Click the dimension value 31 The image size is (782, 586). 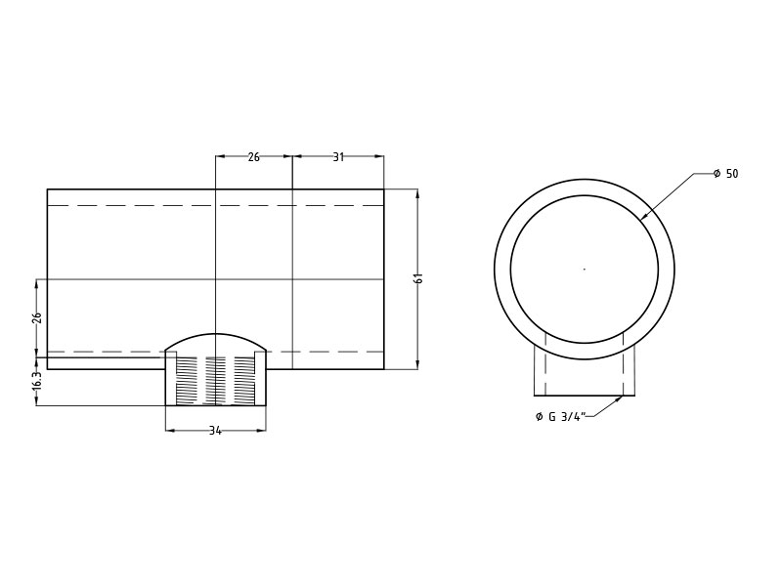click(338, 157)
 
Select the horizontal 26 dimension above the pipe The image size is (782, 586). click(253, 157)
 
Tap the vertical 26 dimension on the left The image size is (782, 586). click(36, 318)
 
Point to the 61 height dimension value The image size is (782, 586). click(419, 278)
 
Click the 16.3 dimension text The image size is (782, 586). click(36, 381)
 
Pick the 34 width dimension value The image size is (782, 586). click(215, 431)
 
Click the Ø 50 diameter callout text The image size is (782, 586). click(725, 174)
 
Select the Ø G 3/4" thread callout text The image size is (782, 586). click(560, 417)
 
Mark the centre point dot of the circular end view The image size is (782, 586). click(585, 270)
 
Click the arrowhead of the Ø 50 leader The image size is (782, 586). click(642, 217)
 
